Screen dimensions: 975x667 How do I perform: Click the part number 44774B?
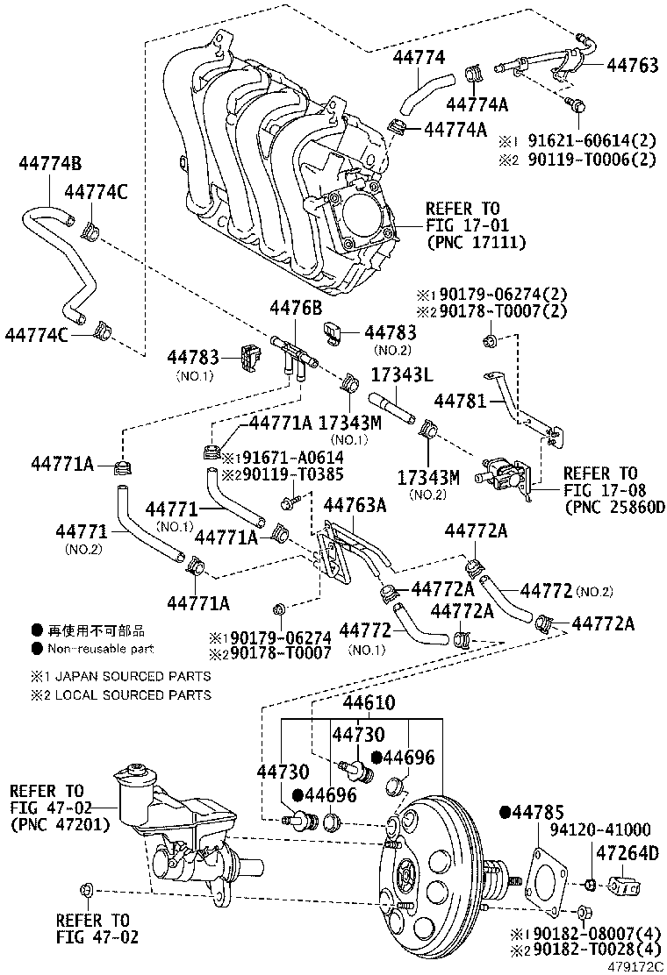pos(50,163)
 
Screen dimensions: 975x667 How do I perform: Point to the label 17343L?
pos(400,374)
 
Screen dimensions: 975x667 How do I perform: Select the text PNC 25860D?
pos(614,507)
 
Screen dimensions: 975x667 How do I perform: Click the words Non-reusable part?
pos(101,649)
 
